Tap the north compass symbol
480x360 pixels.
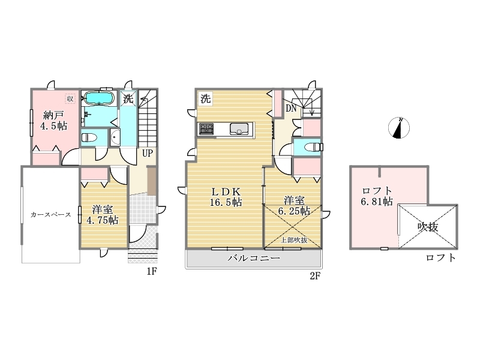tap(399, 128)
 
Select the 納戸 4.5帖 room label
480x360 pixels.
tap(54, 121)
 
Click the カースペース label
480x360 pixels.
tap(50, 215)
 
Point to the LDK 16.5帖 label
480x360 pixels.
tap(226, 197)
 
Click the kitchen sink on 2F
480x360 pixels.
tap(238, 129)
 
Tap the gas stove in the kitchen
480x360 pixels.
tap(206, 128)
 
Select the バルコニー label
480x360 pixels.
tap(254, 258)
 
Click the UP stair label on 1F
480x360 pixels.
tap(147, 153)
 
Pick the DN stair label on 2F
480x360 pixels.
tap(291, 108)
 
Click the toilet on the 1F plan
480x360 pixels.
tap(89, 137)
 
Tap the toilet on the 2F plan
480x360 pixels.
tap(314, 147)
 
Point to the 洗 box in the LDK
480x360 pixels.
tap(205, 98)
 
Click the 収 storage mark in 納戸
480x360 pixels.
tap(70, 98)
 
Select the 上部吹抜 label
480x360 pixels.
tap(294, 241)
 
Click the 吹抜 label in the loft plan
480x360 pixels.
tap(428, 227)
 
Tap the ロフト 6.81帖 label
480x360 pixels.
tap(377, 196)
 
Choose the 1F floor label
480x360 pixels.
tap(152, 271)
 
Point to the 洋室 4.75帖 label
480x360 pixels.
tap(103, 215)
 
